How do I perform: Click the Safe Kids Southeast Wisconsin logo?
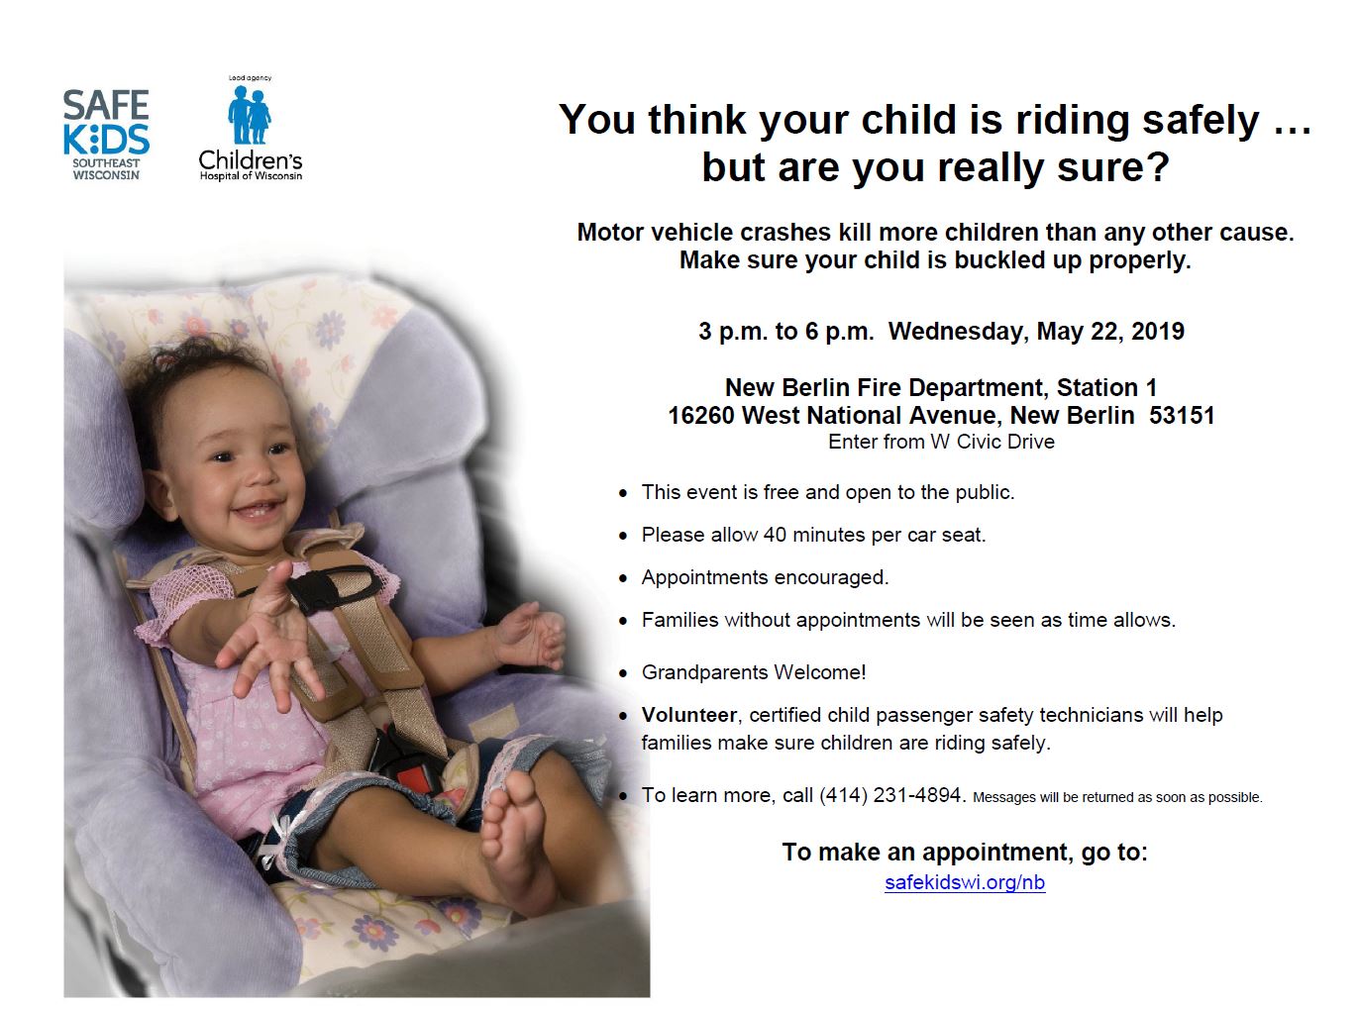pos(106,135)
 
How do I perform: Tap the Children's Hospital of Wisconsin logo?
pos(250,129)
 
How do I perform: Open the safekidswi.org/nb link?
pos(965,882)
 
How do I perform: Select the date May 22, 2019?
pos(1109,332)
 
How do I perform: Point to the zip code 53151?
pos(1182,415)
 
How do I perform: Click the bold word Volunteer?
pos(688,714)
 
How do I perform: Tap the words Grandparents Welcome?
pos(754,672)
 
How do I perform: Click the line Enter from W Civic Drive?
pos(941,442)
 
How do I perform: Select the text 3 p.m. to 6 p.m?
pos(786,332)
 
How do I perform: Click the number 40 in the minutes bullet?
pos(775,535)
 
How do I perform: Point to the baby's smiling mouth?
pos(259,510)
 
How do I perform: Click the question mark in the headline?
pos(1156,166)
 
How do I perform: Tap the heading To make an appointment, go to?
pos(965,853)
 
